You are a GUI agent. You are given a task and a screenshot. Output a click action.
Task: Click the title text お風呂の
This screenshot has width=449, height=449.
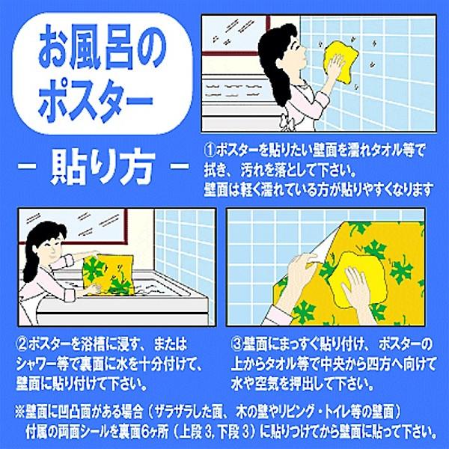point(103,47)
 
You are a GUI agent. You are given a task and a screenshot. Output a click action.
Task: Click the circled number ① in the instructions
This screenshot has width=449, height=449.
point(210,150)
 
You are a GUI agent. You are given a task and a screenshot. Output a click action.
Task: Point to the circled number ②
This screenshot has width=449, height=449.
point(22,344)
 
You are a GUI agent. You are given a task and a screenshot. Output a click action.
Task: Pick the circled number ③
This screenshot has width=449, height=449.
point(236,344)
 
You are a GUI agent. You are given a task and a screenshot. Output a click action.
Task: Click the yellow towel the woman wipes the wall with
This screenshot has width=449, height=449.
point(342,61)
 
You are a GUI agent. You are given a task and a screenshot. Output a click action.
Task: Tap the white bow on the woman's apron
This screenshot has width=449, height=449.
point(287,123)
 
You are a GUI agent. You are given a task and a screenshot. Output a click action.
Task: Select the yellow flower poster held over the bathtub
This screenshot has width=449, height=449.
point(109,275)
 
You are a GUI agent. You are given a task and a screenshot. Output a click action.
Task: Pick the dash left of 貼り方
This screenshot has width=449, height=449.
point(27,166)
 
